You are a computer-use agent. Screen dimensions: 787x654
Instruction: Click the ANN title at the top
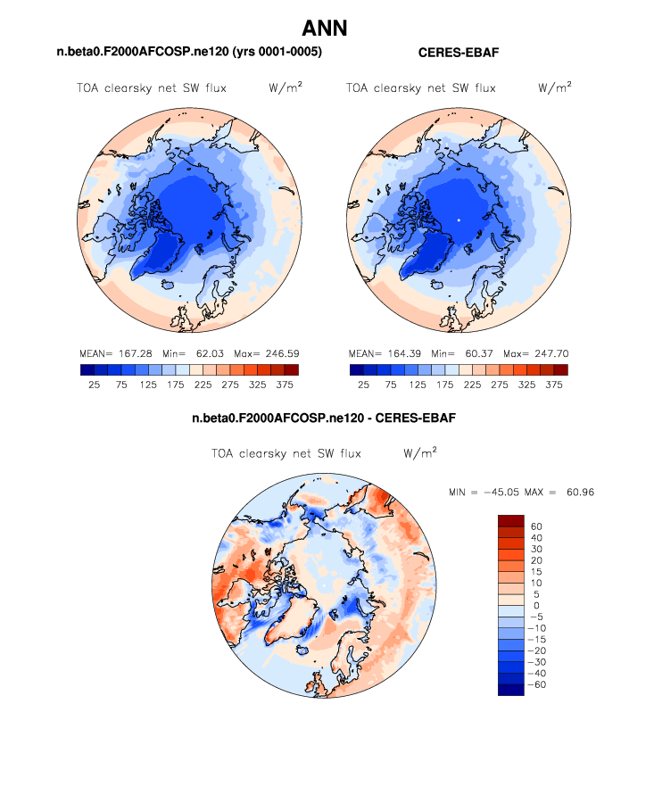325,29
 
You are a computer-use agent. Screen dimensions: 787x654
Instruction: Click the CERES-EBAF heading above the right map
458,53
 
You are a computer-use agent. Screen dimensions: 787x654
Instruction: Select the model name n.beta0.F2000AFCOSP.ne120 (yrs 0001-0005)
189,53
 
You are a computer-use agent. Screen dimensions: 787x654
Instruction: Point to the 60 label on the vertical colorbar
536,526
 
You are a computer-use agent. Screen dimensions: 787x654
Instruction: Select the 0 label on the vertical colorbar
536,606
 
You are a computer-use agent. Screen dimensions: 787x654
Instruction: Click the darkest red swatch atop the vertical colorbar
511,520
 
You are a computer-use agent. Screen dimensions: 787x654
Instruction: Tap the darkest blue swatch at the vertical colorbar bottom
511,690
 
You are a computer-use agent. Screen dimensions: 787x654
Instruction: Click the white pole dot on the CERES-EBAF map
459,220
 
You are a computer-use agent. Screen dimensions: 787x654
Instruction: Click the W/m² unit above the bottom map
420,453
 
